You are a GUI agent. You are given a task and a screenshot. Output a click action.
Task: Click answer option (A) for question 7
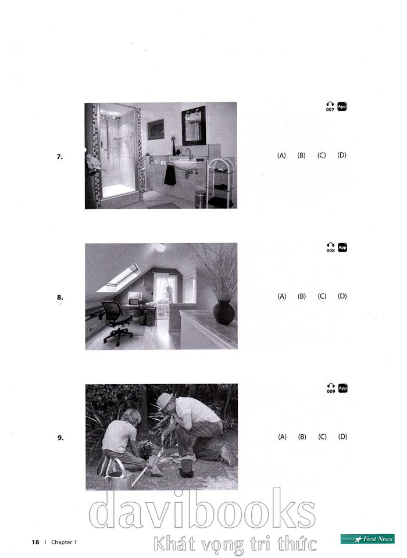(281, 155)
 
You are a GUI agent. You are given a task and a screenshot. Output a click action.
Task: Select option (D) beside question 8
(342, 296)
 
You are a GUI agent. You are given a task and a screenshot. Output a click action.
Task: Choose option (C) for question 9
(322, 437)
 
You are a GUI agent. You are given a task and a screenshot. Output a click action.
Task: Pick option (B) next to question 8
(302, 296)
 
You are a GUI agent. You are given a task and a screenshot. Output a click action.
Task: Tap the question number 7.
(60, 156)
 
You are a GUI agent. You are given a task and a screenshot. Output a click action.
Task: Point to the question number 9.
(60, 438)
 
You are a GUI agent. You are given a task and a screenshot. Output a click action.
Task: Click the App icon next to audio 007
(342, 106)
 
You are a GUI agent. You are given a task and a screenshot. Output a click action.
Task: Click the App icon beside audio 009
(342, 388)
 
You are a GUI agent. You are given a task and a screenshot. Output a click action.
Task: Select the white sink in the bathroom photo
(183, 164)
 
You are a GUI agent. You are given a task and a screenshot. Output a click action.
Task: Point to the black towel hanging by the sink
(170, 175)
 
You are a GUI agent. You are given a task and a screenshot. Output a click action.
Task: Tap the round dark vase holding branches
(224, 312)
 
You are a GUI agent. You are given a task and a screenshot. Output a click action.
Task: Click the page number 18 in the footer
(35, 542)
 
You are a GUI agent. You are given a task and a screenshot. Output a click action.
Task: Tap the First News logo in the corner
(367, 539)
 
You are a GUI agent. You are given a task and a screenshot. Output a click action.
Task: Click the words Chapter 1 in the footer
(64, 542)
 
